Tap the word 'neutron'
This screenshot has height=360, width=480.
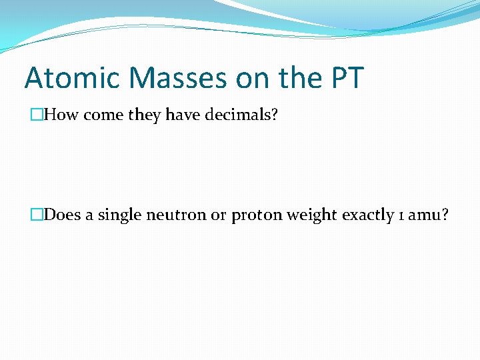point(171,216)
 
